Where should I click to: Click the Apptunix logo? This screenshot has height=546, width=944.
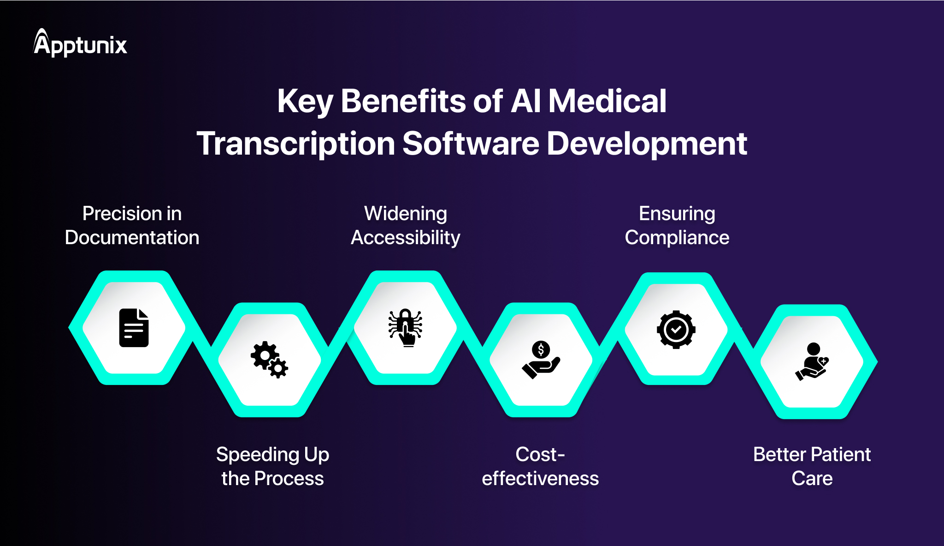[80, 43]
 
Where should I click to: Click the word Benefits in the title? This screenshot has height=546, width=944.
[403, 101]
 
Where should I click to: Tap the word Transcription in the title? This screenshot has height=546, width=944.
[296, 144]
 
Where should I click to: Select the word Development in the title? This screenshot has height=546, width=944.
[647, 144]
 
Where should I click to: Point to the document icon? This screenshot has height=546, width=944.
[134, 328]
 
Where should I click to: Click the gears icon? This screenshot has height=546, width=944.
[270, 360]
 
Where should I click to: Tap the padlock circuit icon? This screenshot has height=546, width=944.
[405, 327]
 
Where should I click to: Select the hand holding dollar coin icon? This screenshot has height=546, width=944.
[541, 360]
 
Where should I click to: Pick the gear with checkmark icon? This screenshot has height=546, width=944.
[676, 330]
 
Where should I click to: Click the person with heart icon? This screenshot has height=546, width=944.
[812, 362]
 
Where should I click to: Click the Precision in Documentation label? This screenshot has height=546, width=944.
[132, 225]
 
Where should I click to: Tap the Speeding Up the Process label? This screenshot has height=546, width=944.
[272, 466]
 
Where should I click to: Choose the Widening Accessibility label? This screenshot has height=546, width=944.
[406, 225]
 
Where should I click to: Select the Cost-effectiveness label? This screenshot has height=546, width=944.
[540, 466]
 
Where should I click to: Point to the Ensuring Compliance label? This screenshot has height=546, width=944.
[677, 225]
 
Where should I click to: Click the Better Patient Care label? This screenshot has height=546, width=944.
[812, 466]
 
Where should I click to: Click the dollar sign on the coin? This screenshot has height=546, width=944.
[541, 350]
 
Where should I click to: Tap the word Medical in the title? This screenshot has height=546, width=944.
[607, 101]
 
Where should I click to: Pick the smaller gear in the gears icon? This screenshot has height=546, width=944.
[278, 368]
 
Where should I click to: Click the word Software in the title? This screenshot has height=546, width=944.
[471, 144]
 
